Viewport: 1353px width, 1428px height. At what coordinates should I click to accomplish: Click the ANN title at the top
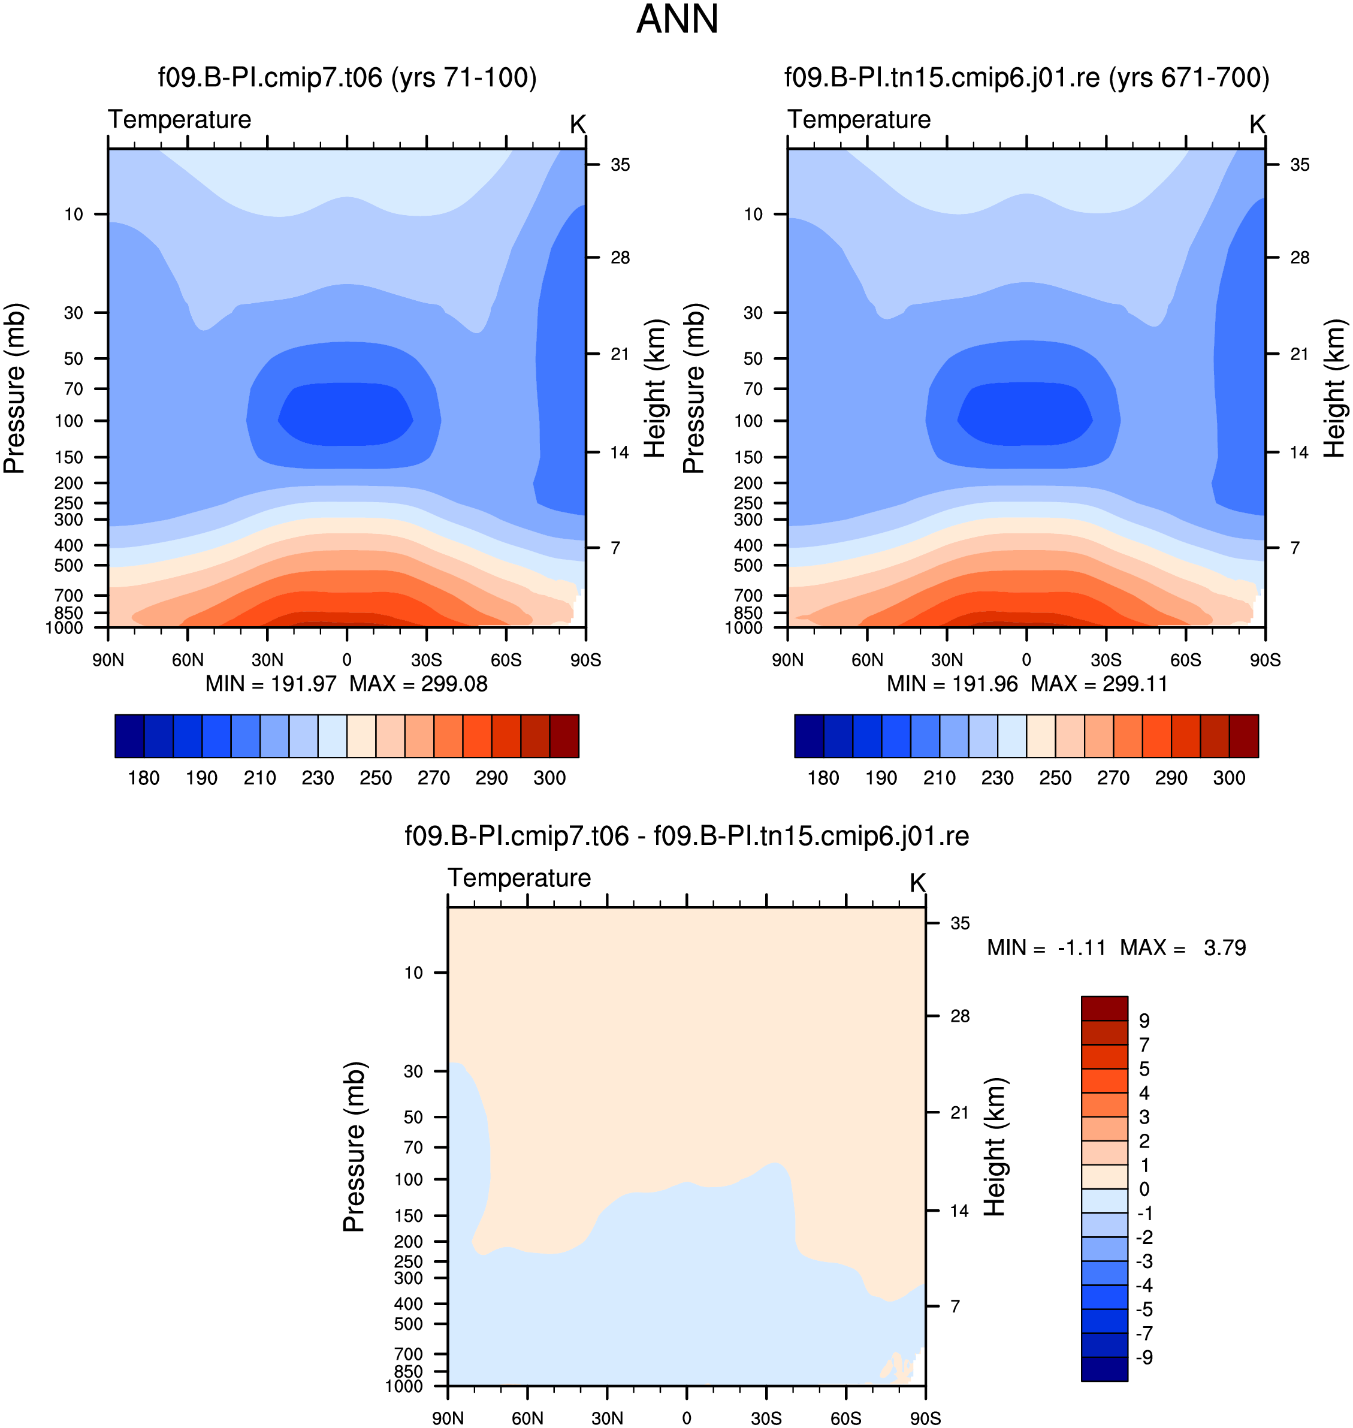(677, 19)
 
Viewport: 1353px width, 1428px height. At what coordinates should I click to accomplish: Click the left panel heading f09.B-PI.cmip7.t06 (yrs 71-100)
(348, 78)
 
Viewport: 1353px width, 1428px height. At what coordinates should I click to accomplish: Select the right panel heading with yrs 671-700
(1027, 78)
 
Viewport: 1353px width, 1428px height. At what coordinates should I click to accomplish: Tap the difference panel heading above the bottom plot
(687, 836)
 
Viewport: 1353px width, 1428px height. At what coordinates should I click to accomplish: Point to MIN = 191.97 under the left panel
(271, 684)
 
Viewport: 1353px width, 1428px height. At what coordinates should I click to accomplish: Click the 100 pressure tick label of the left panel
(70, 421)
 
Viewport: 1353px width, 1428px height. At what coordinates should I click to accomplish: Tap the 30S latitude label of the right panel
(1106, 660)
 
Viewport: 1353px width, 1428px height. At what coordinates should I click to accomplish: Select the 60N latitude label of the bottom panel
(527, 1418)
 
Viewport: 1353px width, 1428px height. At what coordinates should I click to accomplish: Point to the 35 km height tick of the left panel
(620, 165)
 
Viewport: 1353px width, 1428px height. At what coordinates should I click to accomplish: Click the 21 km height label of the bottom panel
(960, 1112)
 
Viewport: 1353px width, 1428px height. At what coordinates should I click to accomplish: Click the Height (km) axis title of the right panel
(1334, 388)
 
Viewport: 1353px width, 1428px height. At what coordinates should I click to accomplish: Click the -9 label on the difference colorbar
(1144, 1357)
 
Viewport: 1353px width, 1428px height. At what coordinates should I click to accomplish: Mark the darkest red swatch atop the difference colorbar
(1104, 1009)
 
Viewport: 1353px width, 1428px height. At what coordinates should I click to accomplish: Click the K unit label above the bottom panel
(917, 883)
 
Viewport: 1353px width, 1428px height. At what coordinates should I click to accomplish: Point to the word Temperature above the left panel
(180, 120)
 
